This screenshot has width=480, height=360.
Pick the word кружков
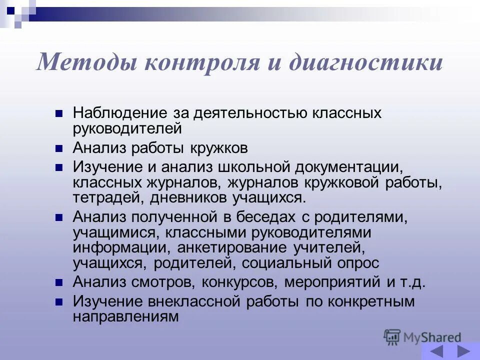coord(218,148)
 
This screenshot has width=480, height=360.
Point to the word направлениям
coord(125,316)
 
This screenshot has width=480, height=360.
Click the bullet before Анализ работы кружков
coord(59,148)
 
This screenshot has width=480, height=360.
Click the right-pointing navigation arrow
coord(464,351)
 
